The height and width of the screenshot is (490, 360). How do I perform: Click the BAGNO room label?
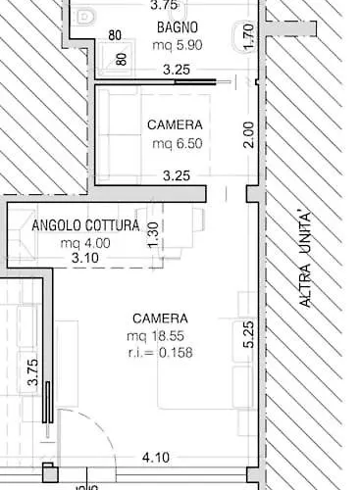click(178, 27)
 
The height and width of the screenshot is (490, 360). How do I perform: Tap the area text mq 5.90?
click(178, 45)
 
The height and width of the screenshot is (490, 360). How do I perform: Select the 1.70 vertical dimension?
click(249, 36)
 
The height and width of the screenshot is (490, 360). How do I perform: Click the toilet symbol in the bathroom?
click(85, 17)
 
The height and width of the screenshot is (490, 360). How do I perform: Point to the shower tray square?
click(117, 58)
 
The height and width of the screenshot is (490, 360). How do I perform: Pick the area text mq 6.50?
click(178, 143)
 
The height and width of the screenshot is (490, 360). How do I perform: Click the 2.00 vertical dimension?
click(249, 134)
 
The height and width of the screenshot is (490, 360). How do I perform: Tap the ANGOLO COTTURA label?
click(85, 225)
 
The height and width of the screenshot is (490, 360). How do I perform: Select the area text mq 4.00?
click(85, 243)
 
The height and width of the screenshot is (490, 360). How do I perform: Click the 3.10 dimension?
click(85, 258)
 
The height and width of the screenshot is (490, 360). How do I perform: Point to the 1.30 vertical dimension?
click(153, 234)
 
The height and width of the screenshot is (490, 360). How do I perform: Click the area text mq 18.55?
click(155, 336)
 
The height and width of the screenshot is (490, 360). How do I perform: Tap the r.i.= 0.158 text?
click(160, 353)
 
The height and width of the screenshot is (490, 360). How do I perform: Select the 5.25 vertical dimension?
click(249, 334)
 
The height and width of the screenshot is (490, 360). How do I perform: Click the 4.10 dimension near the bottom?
click(156, 458)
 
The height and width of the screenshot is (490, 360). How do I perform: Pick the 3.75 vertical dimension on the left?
click(33, 372)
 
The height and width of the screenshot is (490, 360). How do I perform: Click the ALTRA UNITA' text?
click(305, 260)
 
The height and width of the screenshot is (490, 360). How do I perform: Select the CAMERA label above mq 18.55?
click(160, 318)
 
